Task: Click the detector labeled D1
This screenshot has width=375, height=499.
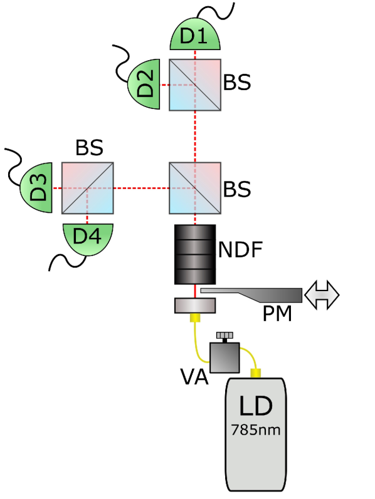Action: click(195, 38)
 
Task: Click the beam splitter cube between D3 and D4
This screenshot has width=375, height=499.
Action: click(88, 188)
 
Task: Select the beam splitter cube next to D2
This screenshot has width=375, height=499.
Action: click(195, 85)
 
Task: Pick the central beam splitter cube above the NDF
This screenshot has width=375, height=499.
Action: click(195, 188)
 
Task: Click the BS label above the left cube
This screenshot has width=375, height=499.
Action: click(89, 148)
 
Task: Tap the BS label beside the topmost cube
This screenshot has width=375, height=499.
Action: click(238, 83)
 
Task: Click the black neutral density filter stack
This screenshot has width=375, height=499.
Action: click(195, 254)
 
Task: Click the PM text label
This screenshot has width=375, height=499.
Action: click(277, 313)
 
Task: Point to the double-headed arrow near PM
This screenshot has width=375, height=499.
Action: click(322, 294)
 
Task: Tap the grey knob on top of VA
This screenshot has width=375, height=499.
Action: click(223, 336)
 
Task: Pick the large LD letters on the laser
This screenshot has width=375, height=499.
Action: click(255, 406)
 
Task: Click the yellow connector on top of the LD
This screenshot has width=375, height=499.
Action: click(256, 374)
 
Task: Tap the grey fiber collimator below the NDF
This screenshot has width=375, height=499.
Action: click(195, 306)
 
